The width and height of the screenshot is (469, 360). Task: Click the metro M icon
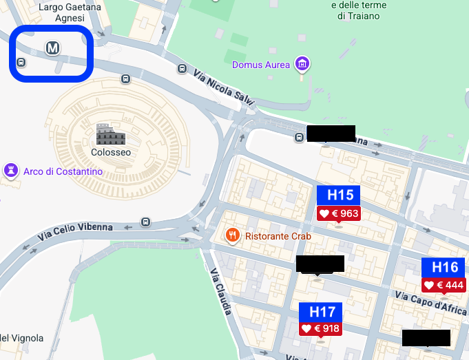pyautogui.click(x=52, y=47)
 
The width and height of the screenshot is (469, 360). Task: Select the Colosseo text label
pyautogui.click(x=110, y=152)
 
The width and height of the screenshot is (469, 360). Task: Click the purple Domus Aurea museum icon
pyautogui.click(x=301, y=65)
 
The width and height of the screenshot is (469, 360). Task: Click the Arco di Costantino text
pyautogui.click(x=63, y=171)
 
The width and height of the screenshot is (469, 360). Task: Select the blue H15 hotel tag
pyautogui.click(x=338, y=195)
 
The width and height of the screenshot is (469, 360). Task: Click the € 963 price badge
pyautogui.click(x=339, y=213)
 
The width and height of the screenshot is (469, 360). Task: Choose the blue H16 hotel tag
pyautogui.click(x=444, y=267)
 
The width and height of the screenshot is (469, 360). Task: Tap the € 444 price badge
pyautogui.click(x=444, y=285)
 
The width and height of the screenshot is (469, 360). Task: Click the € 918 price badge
pyautogui.click(x=321, y=329)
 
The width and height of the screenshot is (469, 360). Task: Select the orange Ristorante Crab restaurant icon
pyautogui.click(x=232, y=236)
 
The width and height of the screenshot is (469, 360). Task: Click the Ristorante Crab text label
pyautogui.click(x=278, y=236)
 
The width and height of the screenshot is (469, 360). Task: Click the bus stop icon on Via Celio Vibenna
pyautogui.click(x=145, y=222)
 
